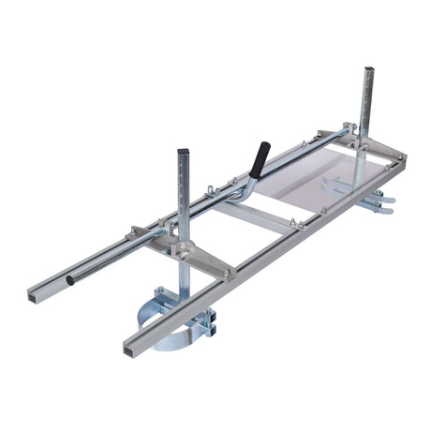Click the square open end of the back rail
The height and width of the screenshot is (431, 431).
[x=34, y=297]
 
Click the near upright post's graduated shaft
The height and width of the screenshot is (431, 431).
[x=185, y=201]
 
